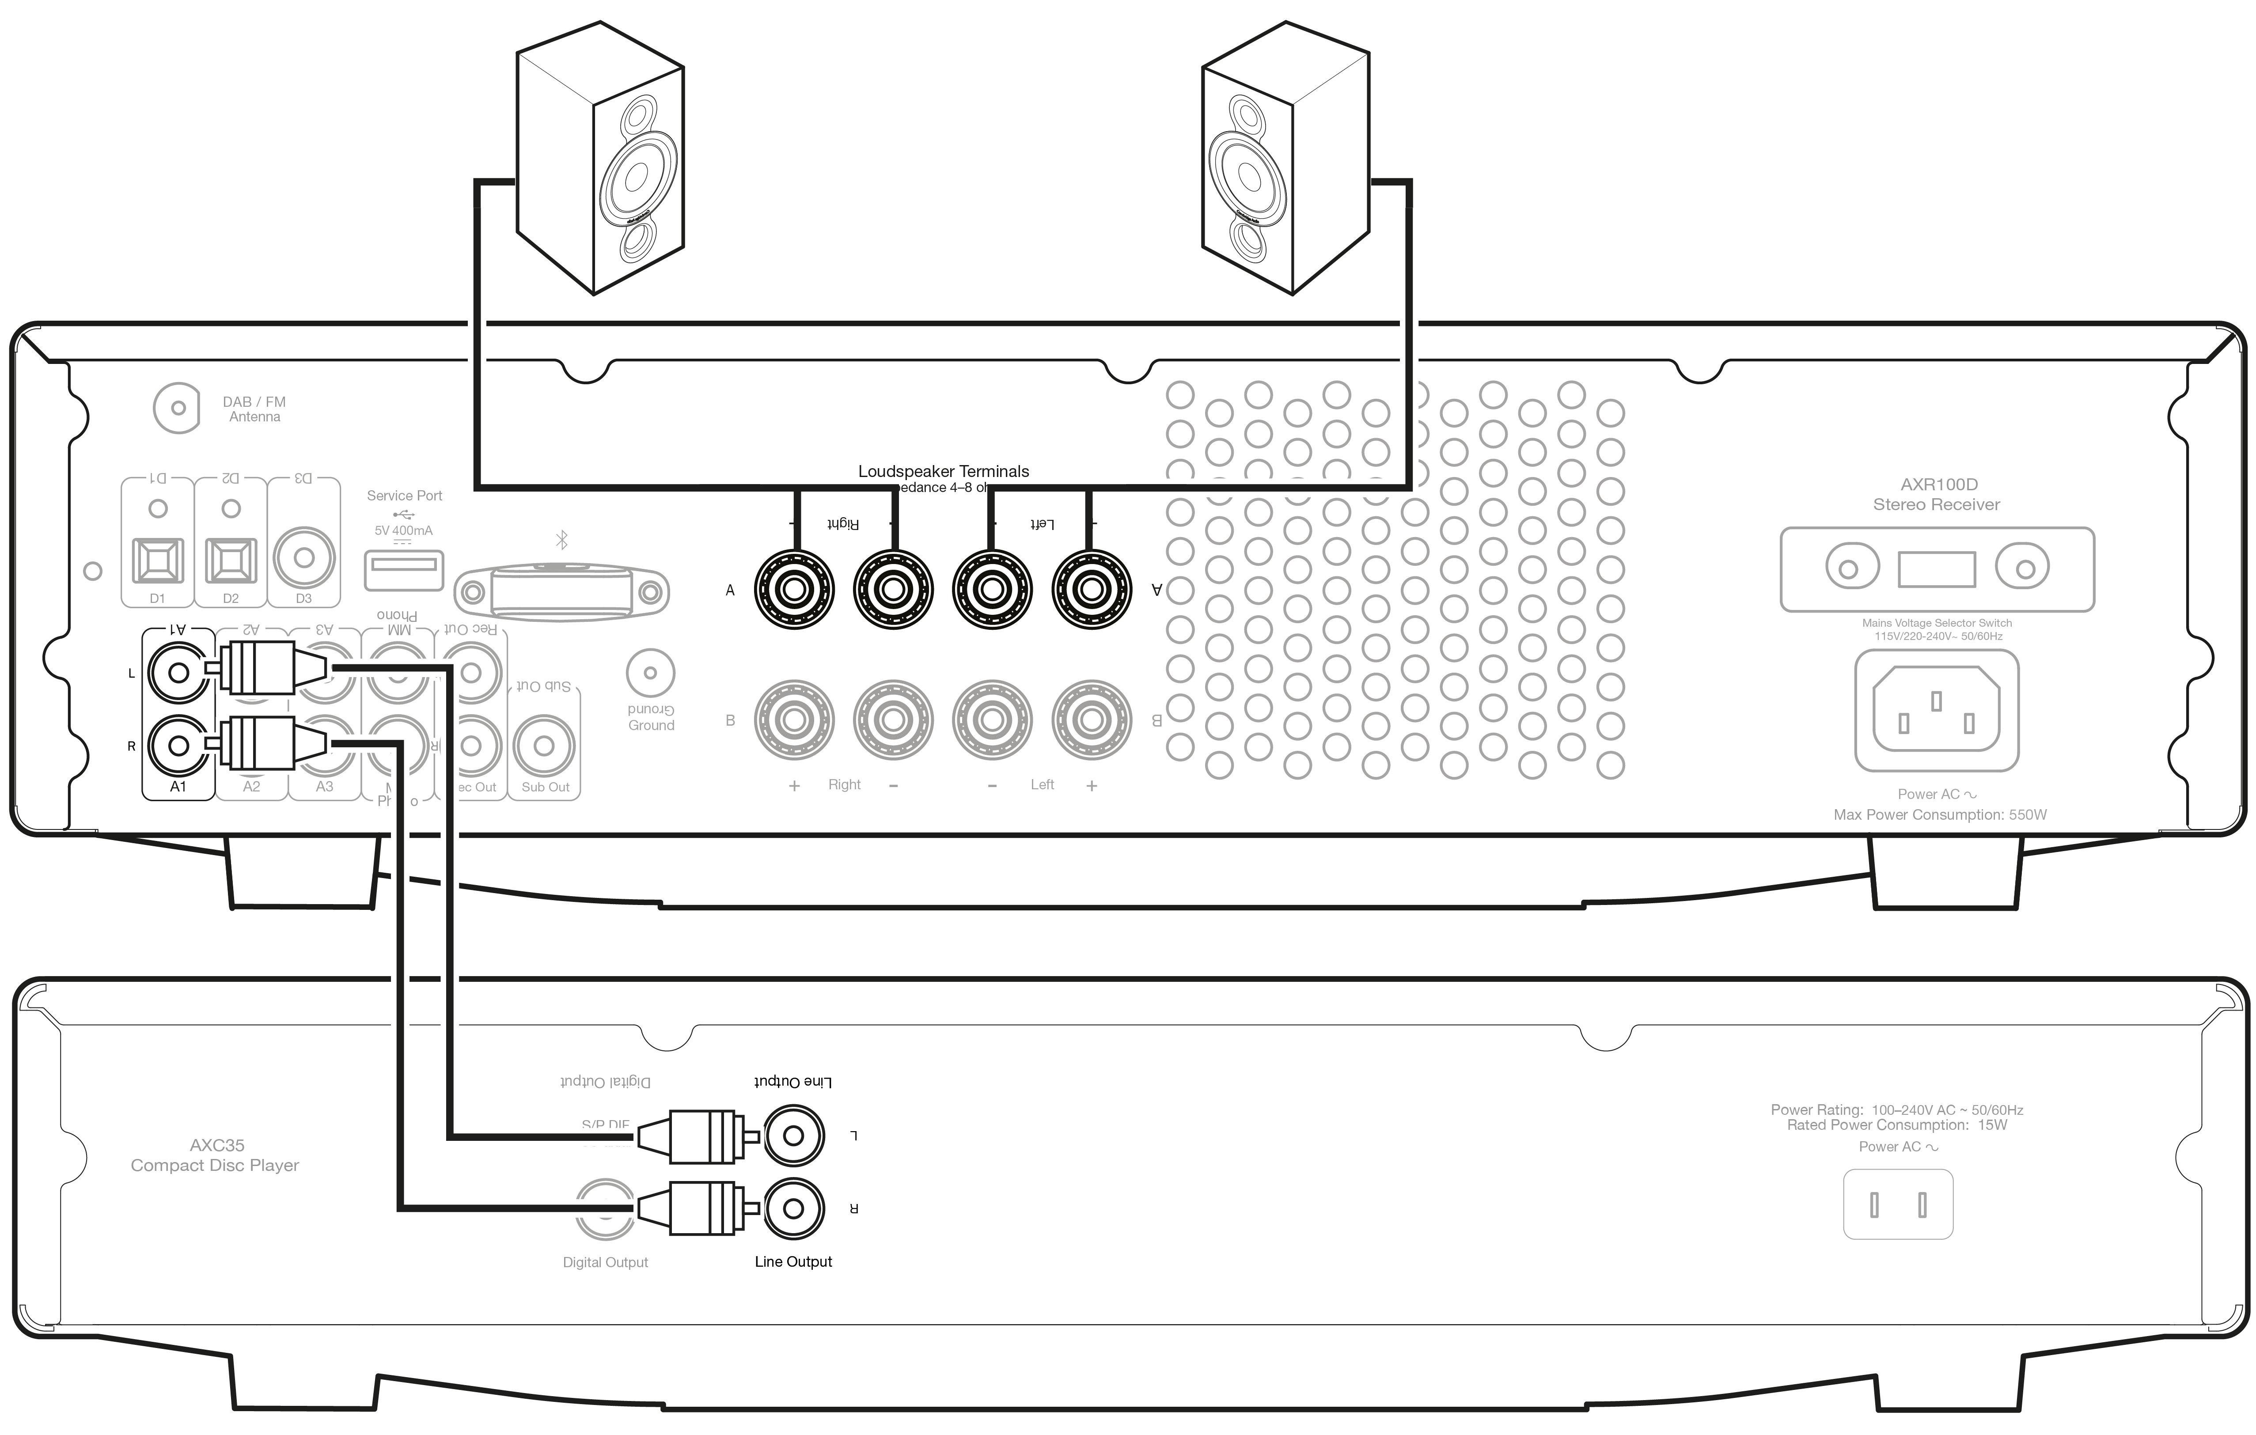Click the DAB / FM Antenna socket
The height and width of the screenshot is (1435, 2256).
pos(177,409)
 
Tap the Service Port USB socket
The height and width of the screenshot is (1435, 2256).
pos(404,565)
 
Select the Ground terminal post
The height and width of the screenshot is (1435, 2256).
pos(650,673)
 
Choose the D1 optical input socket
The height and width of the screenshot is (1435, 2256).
pos(157,560)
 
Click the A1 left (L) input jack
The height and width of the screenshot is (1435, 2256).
pos(178,673)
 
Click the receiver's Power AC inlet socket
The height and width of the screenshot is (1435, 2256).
pos(1937,711)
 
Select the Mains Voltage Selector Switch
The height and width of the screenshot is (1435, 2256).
pos(1937,568)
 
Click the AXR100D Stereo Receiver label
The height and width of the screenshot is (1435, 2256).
pos(1937,495)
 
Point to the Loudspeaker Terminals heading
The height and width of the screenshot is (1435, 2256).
pos(944,471)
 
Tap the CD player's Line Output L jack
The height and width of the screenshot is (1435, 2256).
pos(793,1136)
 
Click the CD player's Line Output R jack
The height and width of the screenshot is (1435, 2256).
pos(793,1208)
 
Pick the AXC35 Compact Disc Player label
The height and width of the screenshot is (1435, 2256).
pos(216,1155)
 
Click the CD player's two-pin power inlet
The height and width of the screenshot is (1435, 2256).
pos(1898,1204)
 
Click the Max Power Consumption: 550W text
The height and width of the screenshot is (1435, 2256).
pos(1939,815)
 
